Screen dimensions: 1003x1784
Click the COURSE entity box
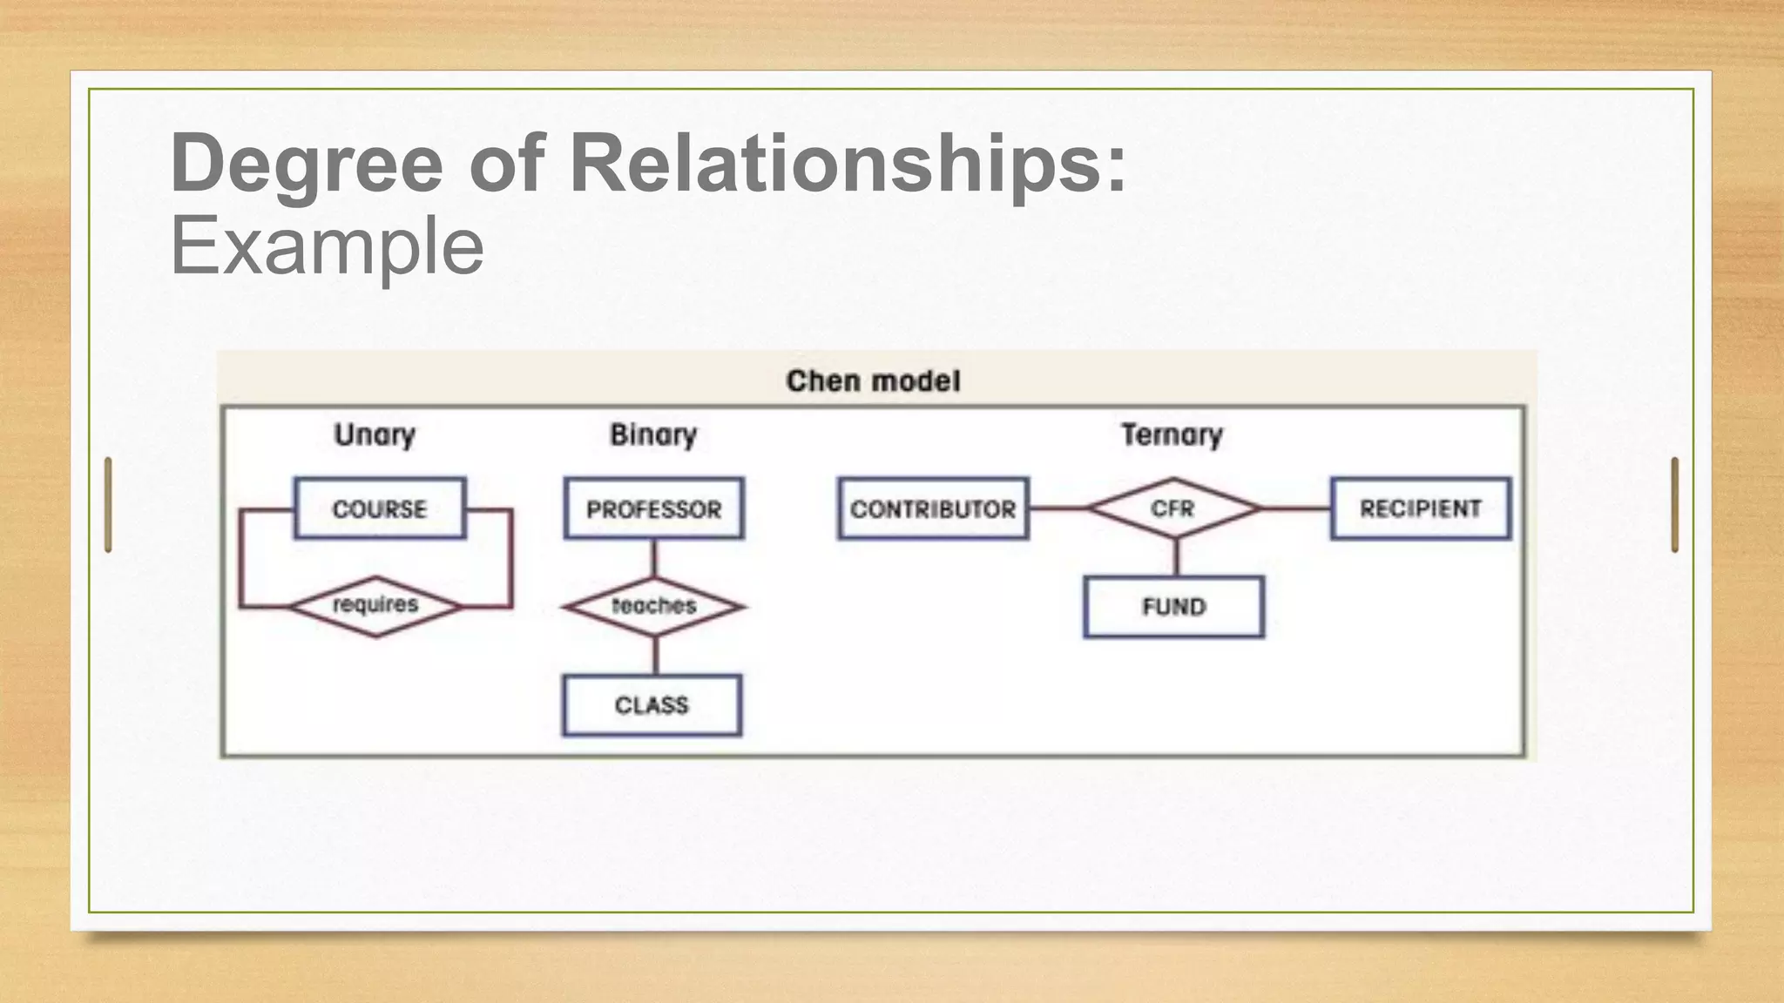(380, 508)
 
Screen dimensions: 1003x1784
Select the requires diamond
(375, 606)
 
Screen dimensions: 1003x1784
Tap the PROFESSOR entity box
(653, 508)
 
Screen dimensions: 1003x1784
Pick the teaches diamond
(654, 606)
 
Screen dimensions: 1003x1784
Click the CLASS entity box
(652, 704)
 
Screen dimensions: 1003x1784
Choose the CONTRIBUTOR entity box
(933, 508)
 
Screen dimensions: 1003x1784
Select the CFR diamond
(1173, 508)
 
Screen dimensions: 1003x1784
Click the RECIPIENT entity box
(1420, 508)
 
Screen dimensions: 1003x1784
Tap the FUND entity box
(1173, 607)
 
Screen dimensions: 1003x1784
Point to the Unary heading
(375, 434)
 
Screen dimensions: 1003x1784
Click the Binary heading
(653, 434)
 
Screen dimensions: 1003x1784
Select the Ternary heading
(1172, 434)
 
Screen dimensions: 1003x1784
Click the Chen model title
(873, 381)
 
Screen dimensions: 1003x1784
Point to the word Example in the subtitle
(327, 246)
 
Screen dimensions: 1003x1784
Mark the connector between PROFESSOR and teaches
(654, 558)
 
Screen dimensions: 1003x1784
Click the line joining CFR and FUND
(1176, 557)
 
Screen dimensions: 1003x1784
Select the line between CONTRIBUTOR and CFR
(1058, 508)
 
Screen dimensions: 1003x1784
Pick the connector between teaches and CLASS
(655, 656)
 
